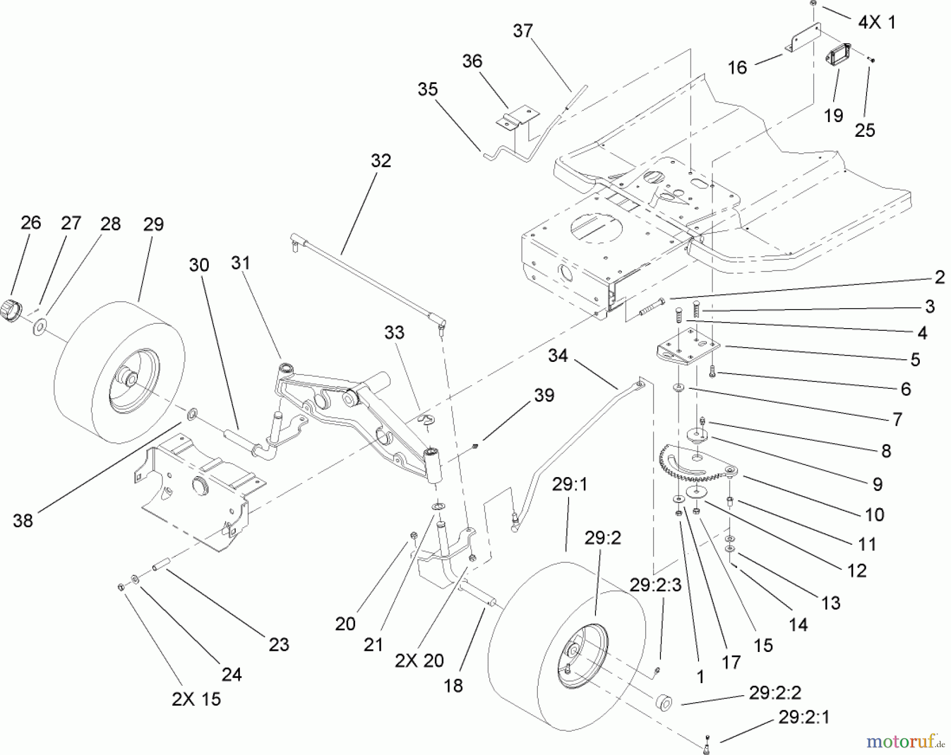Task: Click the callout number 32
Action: pos(381,161)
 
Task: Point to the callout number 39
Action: pos(544,396)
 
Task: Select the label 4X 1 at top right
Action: pos(877,23)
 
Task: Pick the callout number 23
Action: pos(279,644)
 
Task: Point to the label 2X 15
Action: pos(196,699)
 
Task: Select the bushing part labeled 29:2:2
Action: pos(663,703)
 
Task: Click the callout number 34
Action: pos(558,356)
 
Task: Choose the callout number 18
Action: pos(453,685)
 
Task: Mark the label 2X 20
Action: pos(419,660)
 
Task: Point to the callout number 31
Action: pos(240,263)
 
